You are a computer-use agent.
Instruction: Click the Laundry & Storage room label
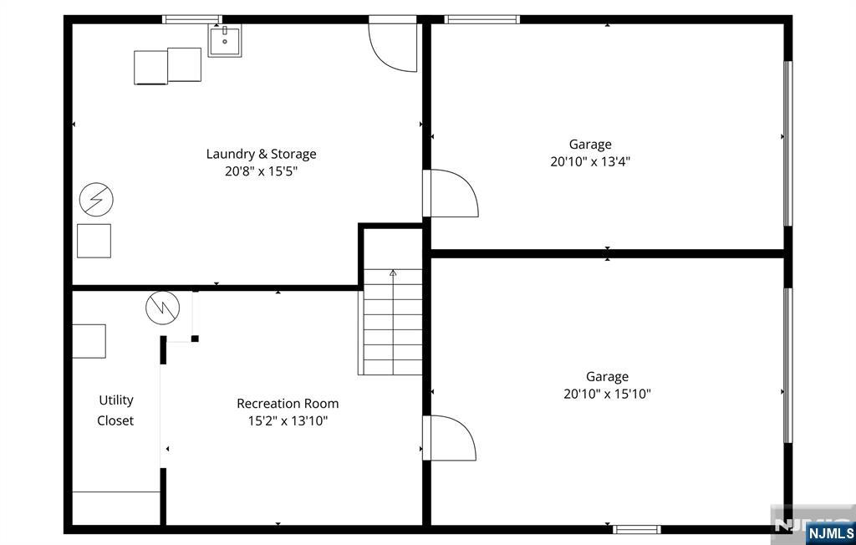pyautogui.click(x=261, y=154)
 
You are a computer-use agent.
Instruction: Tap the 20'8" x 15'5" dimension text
pyautogui.click(x=261, y=171)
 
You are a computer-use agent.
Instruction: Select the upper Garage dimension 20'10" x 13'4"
pyautogui.click(x=590, y=161)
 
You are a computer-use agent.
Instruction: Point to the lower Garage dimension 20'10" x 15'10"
pyautogui.click(x=607, y=394)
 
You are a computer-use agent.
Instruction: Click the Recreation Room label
pyautogui.click(x=288, y=404)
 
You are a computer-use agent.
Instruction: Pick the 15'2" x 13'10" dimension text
pyautogui.click(x=288, y=421)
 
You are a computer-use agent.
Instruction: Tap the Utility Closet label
pyautogui.click(x=115, y=410)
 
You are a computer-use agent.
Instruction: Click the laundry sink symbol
pyautogui.click(x=224, y=40)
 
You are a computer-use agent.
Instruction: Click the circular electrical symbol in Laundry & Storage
pyautogui.click(x=96, y=199)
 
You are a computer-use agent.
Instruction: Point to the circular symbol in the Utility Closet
pyautogui.click(x=163, y=308)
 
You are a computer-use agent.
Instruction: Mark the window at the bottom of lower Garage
pyautogui.click(x=636, y=529)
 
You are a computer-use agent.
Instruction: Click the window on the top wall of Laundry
pyautogui.click(x=192, y=20)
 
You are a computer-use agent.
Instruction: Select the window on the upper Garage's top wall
pyautogui.click(x=482, y=20)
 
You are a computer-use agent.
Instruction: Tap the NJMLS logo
pyautogui.click(x=830, y=533)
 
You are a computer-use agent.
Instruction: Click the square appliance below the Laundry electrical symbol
pyautogui.click(x=94, y=241)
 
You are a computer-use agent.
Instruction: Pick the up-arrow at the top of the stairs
pyautogui.click(x=393, y=272)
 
